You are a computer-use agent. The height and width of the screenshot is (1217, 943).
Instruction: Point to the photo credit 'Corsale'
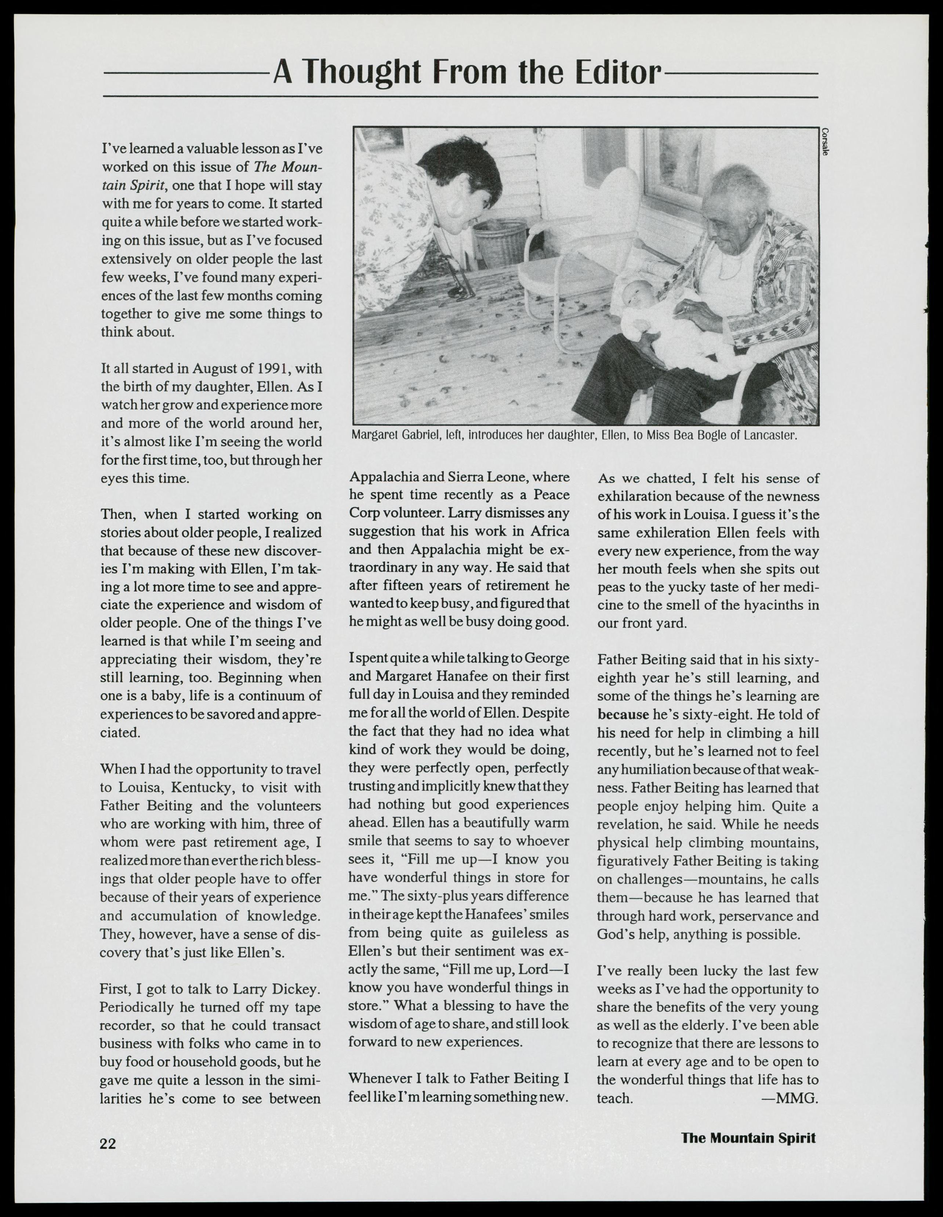[824, 143]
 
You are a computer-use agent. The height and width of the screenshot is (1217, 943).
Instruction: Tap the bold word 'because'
[623, 714]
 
